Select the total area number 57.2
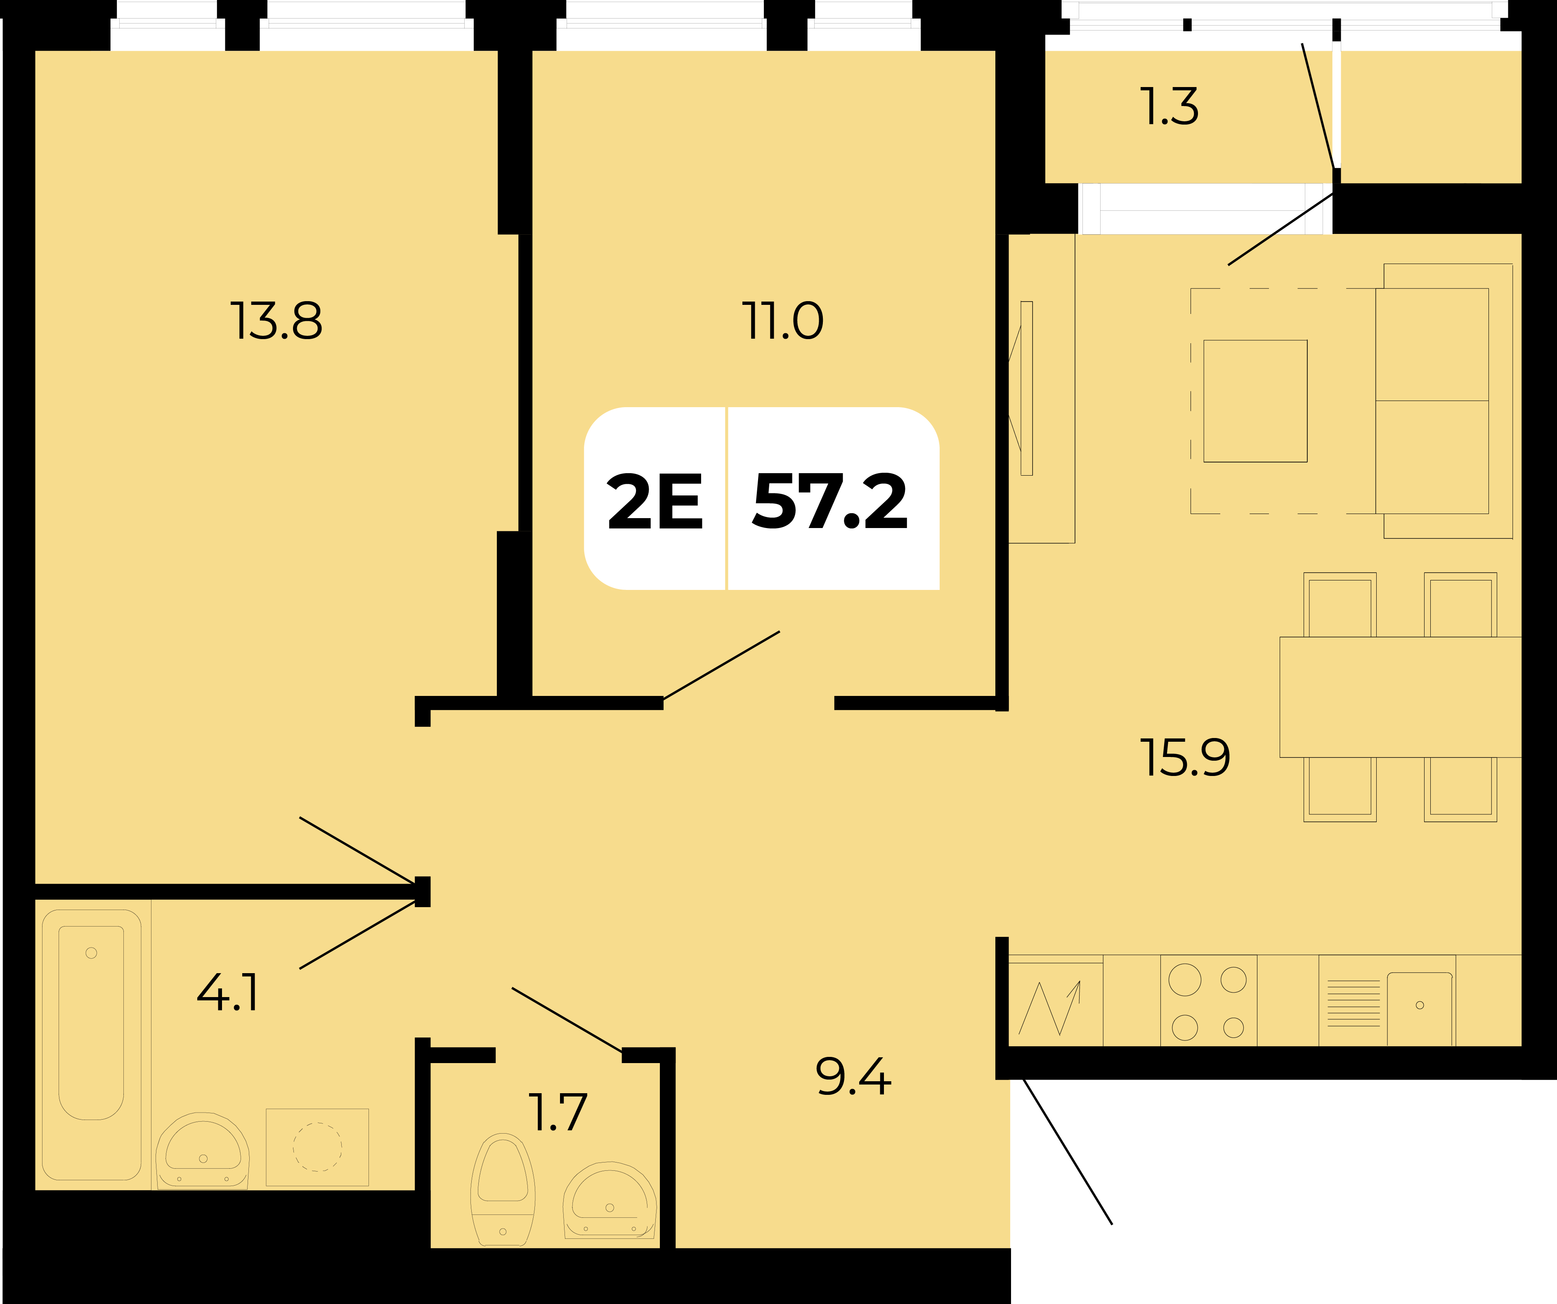click(x=829, y=502)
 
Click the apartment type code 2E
click(x=654, y=502)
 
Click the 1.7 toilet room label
click(x=558, y=1112)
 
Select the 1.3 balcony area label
click(x=1169, y=106)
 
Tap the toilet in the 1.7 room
click(x=503, y=1190)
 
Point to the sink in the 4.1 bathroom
click(x=202, y=1150)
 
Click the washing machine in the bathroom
click(x=317, y=1147)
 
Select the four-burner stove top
click(x=1209, y=1001)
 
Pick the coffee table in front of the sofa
click(x=1255, y=401)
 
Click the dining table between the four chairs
click(x=1401, y=697)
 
